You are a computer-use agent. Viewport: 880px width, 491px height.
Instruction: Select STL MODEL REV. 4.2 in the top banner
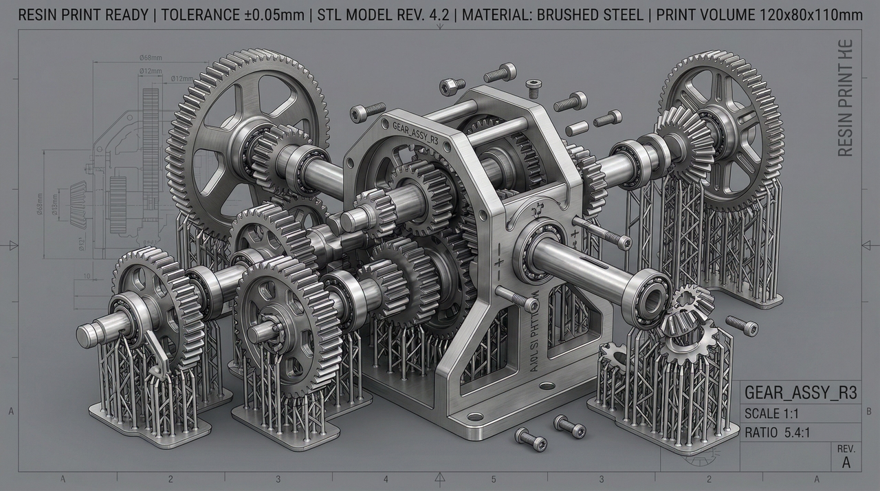coord(382,15)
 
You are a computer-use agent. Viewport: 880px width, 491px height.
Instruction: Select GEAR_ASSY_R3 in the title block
coord(801,393)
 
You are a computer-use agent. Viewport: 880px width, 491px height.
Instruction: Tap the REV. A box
coord(846,457)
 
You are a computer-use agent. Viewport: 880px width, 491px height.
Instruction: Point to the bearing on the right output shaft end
coord(650,290)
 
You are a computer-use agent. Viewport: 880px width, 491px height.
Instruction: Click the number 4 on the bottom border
coord(386,479)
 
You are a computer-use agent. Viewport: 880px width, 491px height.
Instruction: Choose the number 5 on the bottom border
coord(493,479)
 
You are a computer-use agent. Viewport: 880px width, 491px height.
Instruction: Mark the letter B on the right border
coord(869,411)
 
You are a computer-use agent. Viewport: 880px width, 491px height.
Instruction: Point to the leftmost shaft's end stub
coord(88,335)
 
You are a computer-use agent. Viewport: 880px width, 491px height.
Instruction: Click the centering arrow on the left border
coord(12,245)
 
